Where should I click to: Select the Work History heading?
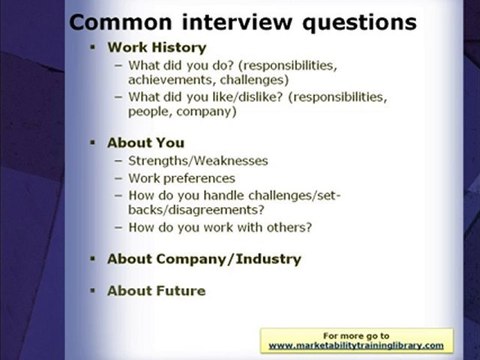click(156, 47)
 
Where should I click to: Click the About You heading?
click(145, 143)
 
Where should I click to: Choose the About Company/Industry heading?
click(204, 259)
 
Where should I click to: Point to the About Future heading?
click(156, 291)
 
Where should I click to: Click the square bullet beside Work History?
click(91, 48)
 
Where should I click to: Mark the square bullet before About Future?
click(91, 292)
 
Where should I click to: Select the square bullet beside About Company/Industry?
click(91, 260)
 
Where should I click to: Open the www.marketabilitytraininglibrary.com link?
click(356, 345)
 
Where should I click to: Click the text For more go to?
click(356, 335)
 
